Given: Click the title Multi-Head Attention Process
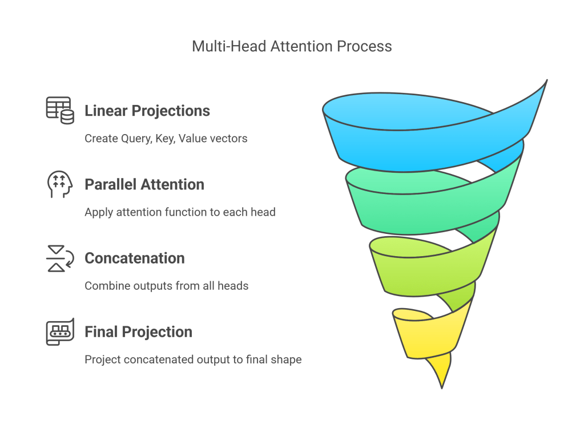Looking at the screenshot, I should [x=292, y=46].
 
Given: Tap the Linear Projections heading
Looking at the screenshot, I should [x=147, y=111].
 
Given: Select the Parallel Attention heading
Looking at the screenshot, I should [x=144, y=185].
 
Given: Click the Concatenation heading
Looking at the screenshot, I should [x=135, y=258].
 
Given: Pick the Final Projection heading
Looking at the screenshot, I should [x=138, y=332].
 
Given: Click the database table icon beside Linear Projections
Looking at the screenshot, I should [x=60, y=110].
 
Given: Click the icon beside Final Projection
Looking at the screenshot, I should [x=60, y=331].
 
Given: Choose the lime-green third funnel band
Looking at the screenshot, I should [x=422, y=271].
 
